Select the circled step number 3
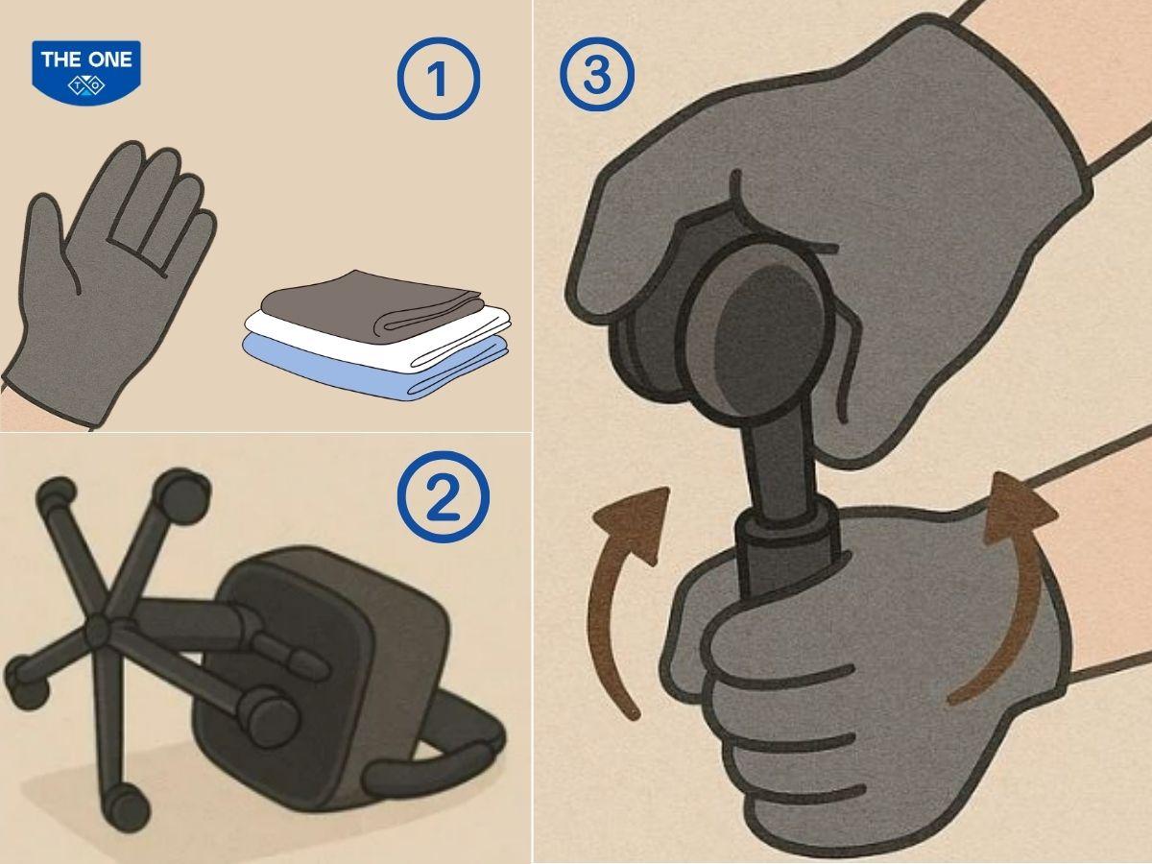(597, 75)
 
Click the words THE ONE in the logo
(86, 60)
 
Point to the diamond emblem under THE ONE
(86, 84)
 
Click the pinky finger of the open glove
(197, 236)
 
